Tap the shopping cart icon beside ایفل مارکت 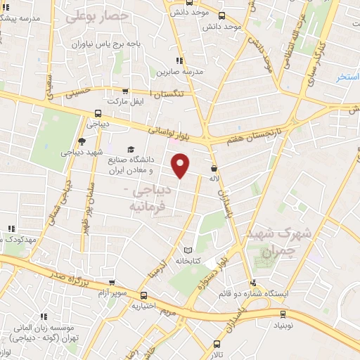(x=124, y=91)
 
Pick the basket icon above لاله (x=214, y=167)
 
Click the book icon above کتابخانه (x=187, y=250)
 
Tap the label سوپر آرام (x=112, y=291)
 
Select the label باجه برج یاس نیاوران (x=105, y=44)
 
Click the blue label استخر (x=347, y=77)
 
